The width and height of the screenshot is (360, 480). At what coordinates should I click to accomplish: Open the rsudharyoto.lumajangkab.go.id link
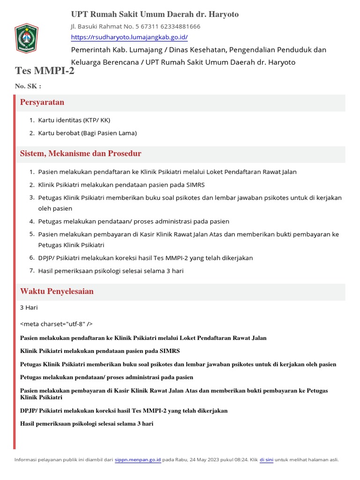[129, 37]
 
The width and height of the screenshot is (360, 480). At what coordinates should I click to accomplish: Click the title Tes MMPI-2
[45, 71]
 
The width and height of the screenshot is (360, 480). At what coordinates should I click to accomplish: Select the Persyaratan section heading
[42, 102]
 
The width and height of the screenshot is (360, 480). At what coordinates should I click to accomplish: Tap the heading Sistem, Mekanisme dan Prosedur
[81, 154]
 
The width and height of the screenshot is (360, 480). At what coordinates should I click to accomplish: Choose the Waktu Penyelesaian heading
[57, 292]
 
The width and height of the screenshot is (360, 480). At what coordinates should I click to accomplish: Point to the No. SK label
[28, 86]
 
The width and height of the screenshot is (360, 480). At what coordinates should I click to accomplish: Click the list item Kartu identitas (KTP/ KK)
[74, 120]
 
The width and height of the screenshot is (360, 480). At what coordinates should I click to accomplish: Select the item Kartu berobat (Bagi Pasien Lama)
[87, 133]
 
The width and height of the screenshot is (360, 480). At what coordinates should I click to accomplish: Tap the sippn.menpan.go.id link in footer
[138, 460]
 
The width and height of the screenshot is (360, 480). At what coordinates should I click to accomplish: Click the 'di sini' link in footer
[266, 460]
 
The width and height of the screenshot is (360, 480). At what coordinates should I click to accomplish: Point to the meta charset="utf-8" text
[56, 324]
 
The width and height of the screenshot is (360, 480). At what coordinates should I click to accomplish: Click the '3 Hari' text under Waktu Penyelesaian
[29, 308]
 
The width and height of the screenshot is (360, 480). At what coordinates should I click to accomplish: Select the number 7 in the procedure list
[32, 270]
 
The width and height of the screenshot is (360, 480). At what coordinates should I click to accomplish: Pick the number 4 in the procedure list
[32, 221]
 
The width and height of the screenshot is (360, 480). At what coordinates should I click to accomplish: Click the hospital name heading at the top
[155, 15]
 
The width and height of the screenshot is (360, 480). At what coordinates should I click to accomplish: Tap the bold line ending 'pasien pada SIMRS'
[100, 351]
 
